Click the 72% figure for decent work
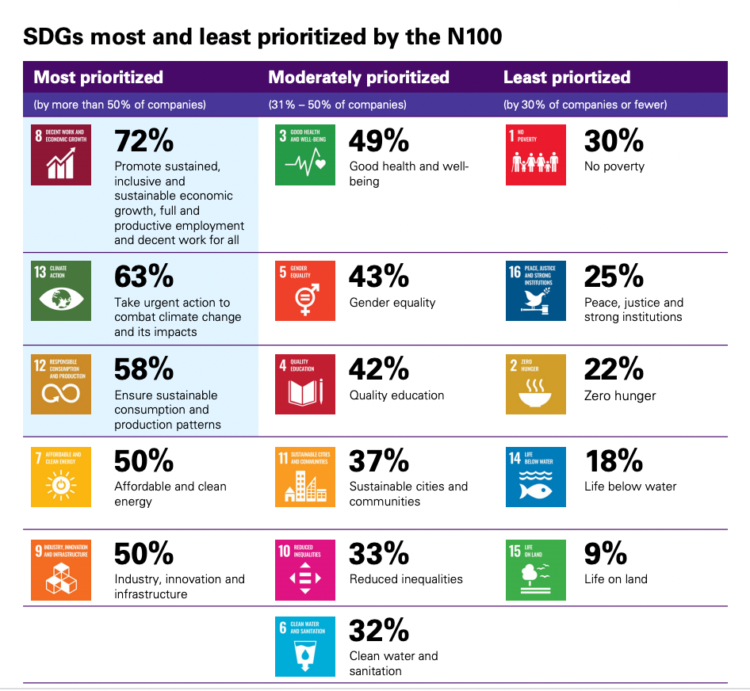tap(144, 141)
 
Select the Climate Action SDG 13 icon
tap(61, 290)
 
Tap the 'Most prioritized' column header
tap(98, 78)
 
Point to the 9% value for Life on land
tap(605, 553)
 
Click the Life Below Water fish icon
tap(536, 477)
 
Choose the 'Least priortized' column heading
tap(567, 78)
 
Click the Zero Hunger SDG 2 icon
tap(536, 384)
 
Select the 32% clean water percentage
tap(379, 630)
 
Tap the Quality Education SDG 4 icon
tap(305, 384)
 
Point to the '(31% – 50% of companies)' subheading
tap(337, 105)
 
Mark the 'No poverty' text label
tap(614, 166)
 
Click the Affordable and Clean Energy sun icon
tap(61, 477)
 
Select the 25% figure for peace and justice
tap(614, 276)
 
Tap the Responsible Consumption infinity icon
tap(61, 384)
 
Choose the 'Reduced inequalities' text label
tap(406, 579)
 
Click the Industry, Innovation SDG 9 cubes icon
tap(61, 570)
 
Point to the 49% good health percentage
tap(379, 141)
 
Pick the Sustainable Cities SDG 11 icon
tap(305, 477)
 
